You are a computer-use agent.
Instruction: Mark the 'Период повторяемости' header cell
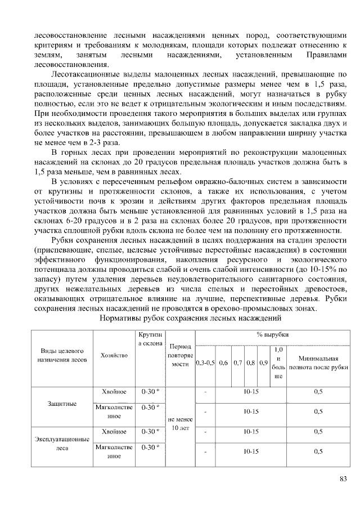pyautogui.click(x=182, y=355)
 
